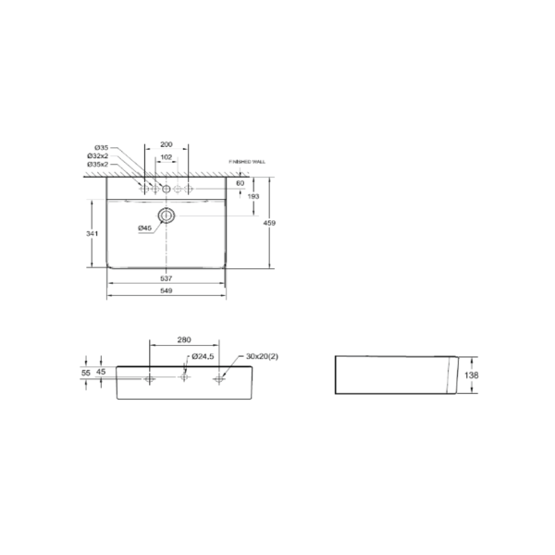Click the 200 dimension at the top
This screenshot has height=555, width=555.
pos(166,145)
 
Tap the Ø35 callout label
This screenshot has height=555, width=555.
pos(102,148)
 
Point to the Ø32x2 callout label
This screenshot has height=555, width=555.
pos(100,156)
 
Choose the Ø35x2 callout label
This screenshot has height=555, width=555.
pos(100,165)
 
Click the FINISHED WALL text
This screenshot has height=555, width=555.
pos(247,161)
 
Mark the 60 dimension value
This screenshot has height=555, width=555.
pos(240,183)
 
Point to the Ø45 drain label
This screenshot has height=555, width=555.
pos(145,228)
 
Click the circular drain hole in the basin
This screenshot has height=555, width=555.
pos(167,216)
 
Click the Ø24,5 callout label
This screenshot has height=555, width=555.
pos(203,356)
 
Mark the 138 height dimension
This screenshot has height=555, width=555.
pos(471,376)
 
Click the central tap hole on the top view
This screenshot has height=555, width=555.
pos(167,189)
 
